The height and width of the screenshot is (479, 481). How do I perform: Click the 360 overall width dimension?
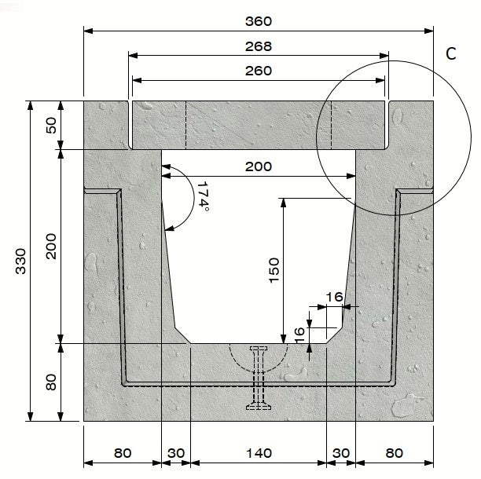pos(258,21)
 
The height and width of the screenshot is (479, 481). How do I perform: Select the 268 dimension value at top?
pos(258,46)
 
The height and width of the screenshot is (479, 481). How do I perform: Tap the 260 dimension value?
pos(258,71)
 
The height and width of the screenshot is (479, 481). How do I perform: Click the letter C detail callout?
pos(451,53)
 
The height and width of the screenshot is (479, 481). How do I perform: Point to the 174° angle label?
pos(202,196)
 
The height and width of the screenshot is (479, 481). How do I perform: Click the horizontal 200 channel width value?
pos(258,166)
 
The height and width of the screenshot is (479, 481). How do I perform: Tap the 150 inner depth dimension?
pos(275,271)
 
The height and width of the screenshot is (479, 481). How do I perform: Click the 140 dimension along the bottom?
pos(258,452)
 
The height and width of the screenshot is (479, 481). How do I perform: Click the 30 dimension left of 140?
pos(175,452)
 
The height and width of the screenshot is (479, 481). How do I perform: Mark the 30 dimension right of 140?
pos(340,452)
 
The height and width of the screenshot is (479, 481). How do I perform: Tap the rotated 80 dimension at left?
pos(53,382)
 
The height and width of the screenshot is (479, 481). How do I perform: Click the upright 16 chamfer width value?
pos(333,297)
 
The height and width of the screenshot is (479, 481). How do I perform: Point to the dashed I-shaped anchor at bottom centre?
pos(259,378)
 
